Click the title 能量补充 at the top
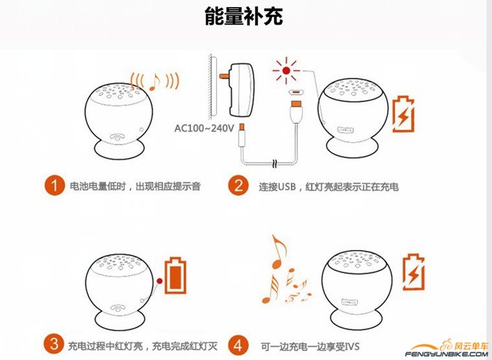click(243, 17)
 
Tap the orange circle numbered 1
click(54, 186)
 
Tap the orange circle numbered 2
click(238, 186)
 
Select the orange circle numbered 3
click(54, 344)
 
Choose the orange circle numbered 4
click(238, 344)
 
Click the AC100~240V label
click(204, 128)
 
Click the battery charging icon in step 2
click(402, 115)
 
